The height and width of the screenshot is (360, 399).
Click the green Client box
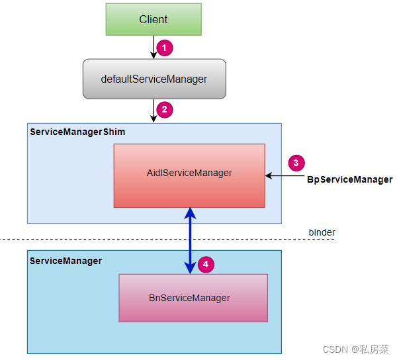tap(154, 19)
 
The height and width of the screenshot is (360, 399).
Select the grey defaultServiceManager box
tap(154, 79)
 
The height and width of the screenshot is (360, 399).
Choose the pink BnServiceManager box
tap(193, 298)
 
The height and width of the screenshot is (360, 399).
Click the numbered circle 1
tap(165, 47)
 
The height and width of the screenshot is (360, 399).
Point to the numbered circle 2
tap(165, 109)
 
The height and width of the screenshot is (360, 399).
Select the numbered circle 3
tap(297, 163)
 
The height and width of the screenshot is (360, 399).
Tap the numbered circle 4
tap(206, 265)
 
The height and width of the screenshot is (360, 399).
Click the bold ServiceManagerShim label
tap(77, 132)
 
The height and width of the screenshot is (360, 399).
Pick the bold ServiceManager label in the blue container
tap(66, 261)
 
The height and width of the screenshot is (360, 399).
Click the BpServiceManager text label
tap(349, 179)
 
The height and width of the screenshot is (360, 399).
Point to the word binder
tap(322, 232)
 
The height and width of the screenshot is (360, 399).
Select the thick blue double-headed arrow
tap(190, 240)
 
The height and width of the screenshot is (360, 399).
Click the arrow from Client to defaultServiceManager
tap(154, 47)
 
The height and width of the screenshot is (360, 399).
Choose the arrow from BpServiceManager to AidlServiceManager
tap(285, 176)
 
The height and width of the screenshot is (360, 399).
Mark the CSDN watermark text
tap(357, 348)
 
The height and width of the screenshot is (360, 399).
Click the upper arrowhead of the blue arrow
tap(190, 213)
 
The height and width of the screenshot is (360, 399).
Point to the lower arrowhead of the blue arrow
tap(190, 268)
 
